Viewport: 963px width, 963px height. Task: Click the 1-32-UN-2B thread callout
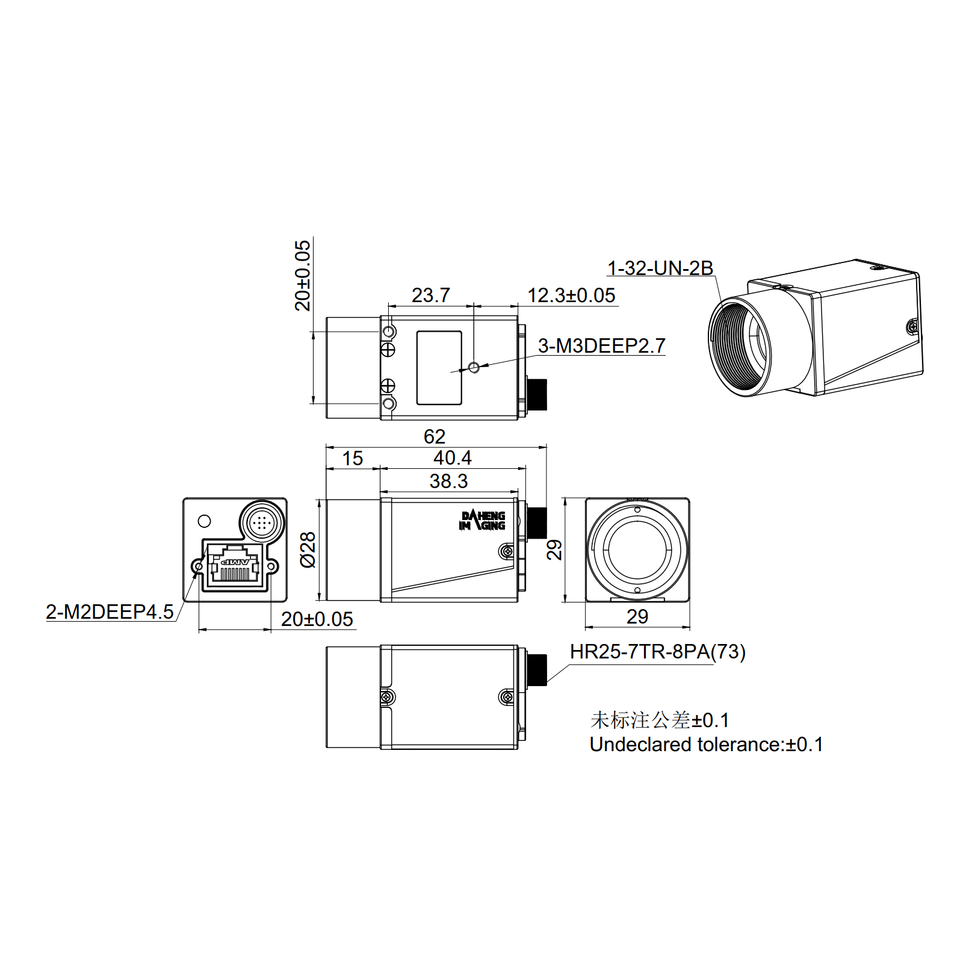tap(660, 268)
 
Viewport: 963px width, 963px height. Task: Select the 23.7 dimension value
tap(430, 295)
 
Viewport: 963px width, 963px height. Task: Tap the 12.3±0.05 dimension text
tap(571, 295)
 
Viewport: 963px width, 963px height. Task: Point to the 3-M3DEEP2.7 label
tap(601, 345)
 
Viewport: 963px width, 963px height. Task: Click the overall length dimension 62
tap(434, 436)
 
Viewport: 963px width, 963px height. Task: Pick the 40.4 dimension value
tap(452, 457)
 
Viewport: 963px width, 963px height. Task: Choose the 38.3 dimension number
tap(448, 481)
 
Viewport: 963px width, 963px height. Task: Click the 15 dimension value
tap(352, 458)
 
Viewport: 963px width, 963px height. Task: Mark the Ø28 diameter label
tap(308, 550)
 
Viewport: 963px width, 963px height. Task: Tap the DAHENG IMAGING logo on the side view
tap(482, 521)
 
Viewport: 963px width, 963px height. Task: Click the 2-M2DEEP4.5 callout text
tap(110, 612)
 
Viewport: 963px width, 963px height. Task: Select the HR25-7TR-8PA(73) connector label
tap(657, 651)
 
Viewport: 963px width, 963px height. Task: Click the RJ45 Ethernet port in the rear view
tap(235, 566)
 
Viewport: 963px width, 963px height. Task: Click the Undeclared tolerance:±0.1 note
tap(705, 745)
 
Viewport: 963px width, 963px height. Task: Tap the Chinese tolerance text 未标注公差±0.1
tap(659, 720)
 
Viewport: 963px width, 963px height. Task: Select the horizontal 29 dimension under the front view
tap(637, 616)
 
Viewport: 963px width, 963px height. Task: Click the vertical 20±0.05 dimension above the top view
tap(303, 276)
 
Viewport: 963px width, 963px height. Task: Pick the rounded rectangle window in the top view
tap(439, 367)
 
